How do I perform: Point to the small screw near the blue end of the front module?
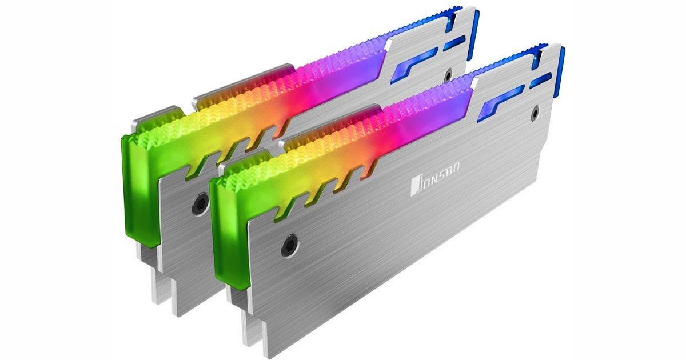point(534,113)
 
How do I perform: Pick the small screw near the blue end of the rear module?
point(449,74)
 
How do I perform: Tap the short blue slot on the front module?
point(540,80)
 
